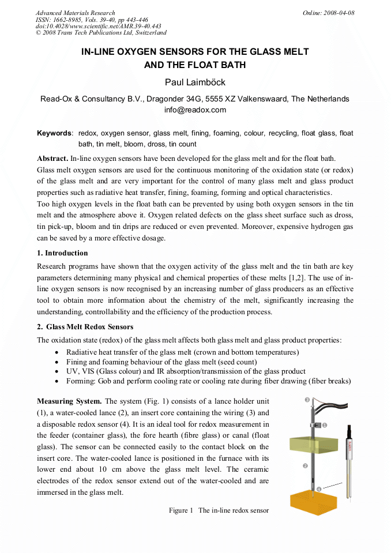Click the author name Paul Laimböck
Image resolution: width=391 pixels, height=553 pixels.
pyautogui.click(x=195, y=82)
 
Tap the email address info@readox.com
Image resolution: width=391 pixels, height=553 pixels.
pyautogui.click(x=195, y=110)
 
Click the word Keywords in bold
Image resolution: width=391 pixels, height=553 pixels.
pyautogui.click(x=54, y=133)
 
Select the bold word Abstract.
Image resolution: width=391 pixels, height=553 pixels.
pyautogui.click(x=52, y=158)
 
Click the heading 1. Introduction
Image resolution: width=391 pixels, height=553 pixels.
pyautogui.click(x=62, y=253)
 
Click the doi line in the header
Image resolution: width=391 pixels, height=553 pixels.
pyautogui.click(x=98, y=27)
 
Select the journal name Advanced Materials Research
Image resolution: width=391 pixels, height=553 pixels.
pyautogui.click(x=75, y=13)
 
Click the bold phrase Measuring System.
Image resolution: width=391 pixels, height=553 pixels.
pyautogui.click(x=69, y=401)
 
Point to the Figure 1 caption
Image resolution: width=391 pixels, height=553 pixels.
pyautogui.click(x=219, y=510)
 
